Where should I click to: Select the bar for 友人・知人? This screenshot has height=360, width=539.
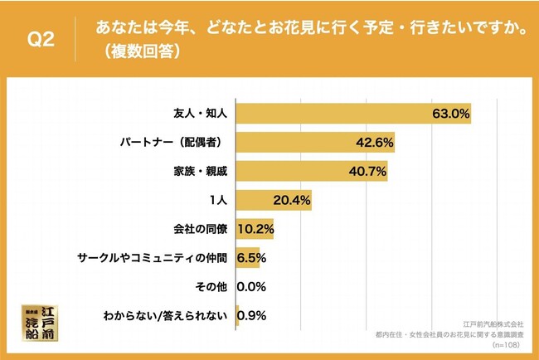[x=353, y=114]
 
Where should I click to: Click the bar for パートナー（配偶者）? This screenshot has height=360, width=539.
[x=315, y=143]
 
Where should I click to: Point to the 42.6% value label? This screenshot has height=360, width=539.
[x=374, y=143]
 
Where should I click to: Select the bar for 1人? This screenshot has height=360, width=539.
[x=274, y=201]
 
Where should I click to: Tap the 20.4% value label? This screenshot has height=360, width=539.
[x=293, y=201]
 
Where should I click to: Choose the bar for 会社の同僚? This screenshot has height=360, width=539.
[x=255, y=230]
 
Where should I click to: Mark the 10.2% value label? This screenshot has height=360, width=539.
[x=255, y=230]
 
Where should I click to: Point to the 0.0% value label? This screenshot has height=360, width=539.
[x=251, y=287]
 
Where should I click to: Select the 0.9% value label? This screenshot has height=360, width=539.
[x=252, y=316]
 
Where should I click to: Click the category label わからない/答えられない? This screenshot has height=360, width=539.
[x=164, y=316]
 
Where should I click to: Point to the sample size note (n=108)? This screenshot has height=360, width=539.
[x=508, y=343]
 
